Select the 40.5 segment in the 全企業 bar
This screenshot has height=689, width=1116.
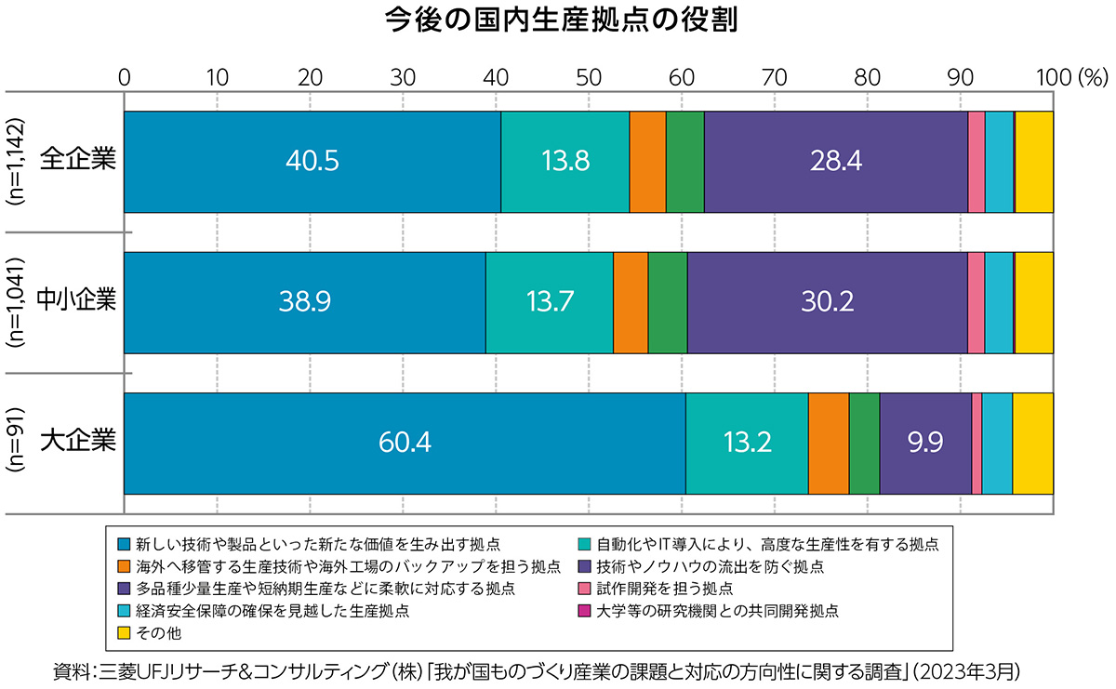(x=312, y=162)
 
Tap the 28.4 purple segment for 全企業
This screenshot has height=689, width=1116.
(x=836, y=162)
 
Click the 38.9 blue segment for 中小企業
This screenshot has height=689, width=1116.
(x=304, y=302)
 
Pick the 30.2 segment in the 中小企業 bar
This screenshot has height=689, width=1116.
(x=827, y=302)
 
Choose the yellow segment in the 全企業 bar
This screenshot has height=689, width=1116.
(x=1033, y=162)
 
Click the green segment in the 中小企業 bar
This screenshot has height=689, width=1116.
(x=667, y=302)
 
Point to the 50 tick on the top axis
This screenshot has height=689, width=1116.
(x=588, y=77)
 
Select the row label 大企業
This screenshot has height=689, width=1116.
(x=78, y=439)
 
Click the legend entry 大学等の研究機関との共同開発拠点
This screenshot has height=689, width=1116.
(x=717, y=611)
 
